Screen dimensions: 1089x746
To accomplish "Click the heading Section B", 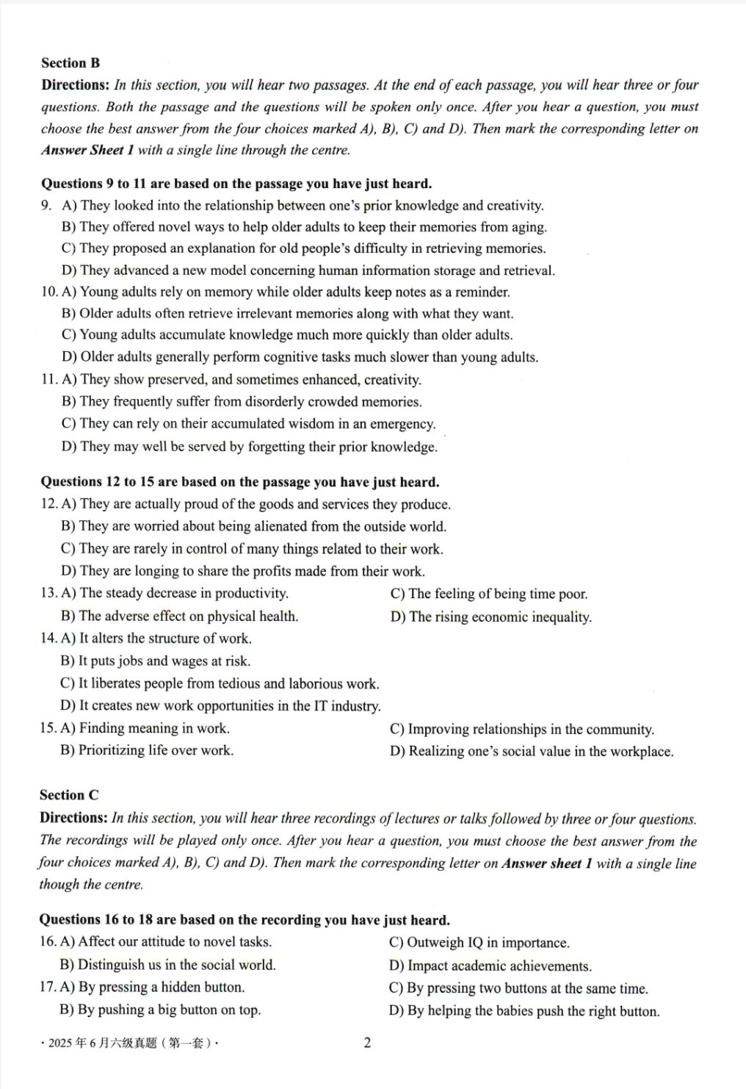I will click(x=70, y=63).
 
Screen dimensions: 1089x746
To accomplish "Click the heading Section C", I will click(x=69, y=795).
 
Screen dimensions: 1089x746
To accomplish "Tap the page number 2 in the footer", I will click(x=367, y=1043).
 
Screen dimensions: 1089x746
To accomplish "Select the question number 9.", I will click(x=46, y=206).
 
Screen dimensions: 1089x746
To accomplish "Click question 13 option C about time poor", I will click(x=489, y=594).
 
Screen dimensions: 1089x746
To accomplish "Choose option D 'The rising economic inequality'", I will click(x=490, y=617).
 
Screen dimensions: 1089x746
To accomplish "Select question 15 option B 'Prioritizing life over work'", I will click(x=147, y=750).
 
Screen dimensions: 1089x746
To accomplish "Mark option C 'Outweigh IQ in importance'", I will click(x=479, y=943).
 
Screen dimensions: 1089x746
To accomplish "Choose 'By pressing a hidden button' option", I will click(x=151, y=988).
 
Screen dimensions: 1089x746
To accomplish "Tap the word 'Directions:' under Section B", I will click(x=75, y=85).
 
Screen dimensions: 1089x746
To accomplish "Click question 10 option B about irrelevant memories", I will click(x=287, y=314).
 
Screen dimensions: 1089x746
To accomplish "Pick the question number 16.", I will click(x=48, y=942).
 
